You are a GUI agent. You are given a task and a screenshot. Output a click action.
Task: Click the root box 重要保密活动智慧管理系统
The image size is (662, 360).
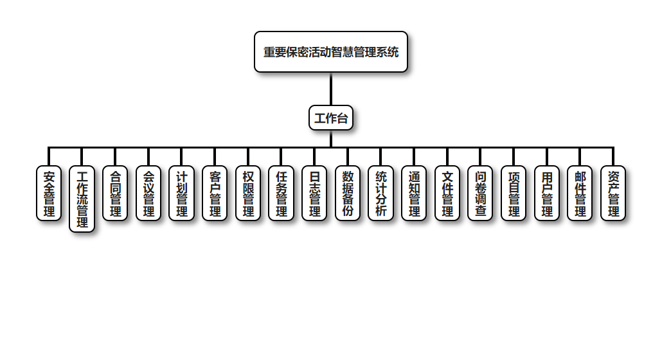(331, 52)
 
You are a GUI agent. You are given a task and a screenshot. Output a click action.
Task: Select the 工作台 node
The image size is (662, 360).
(331, 118)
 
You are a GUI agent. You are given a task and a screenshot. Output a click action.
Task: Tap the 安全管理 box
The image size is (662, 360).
(49, 193)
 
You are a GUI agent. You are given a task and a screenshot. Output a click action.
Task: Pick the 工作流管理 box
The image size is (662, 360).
(82, 199)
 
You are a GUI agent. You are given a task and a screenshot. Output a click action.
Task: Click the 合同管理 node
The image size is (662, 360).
(115, 193)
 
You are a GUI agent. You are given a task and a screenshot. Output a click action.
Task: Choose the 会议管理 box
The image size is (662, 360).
(148, 193)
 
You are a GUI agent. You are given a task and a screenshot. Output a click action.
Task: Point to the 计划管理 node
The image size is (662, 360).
(182, 193)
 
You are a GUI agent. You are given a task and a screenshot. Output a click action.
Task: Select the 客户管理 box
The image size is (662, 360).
(215, 193)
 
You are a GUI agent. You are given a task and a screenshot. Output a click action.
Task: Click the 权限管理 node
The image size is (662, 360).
(248, 193)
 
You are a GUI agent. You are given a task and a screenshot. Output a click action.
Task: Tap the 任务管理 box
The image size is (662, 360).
(281, 193)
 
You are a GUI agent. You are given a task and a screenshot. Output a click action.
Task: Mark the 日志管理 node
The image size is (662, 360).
(314, 193)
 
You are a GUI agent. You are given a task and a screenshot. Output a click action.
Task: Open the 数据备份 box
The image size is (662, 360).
(348, 193)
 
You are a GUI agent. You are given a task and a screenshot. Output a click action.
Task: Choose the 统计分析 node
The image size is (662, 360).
(381, 193)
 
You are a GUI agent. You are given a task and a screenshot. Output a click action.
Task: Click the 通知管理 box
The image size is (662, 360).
(414, 193)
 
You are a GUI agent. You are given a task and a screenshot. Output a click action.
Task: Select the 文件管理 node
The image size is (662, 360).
(447, 193)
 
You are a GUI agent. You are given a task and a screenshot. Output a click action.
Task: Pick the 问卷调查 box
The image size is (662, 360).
(480, 193)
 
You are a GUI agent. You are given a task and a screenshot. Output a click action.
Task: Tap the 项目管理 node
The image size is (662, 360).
(514, 193)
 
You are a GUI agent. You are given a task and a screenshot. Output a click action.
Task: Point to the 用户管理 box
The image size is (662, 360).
(547, 193)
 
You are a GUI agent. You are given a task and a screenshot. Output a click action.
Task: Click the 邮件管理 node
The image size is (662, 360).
(580, 193)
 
